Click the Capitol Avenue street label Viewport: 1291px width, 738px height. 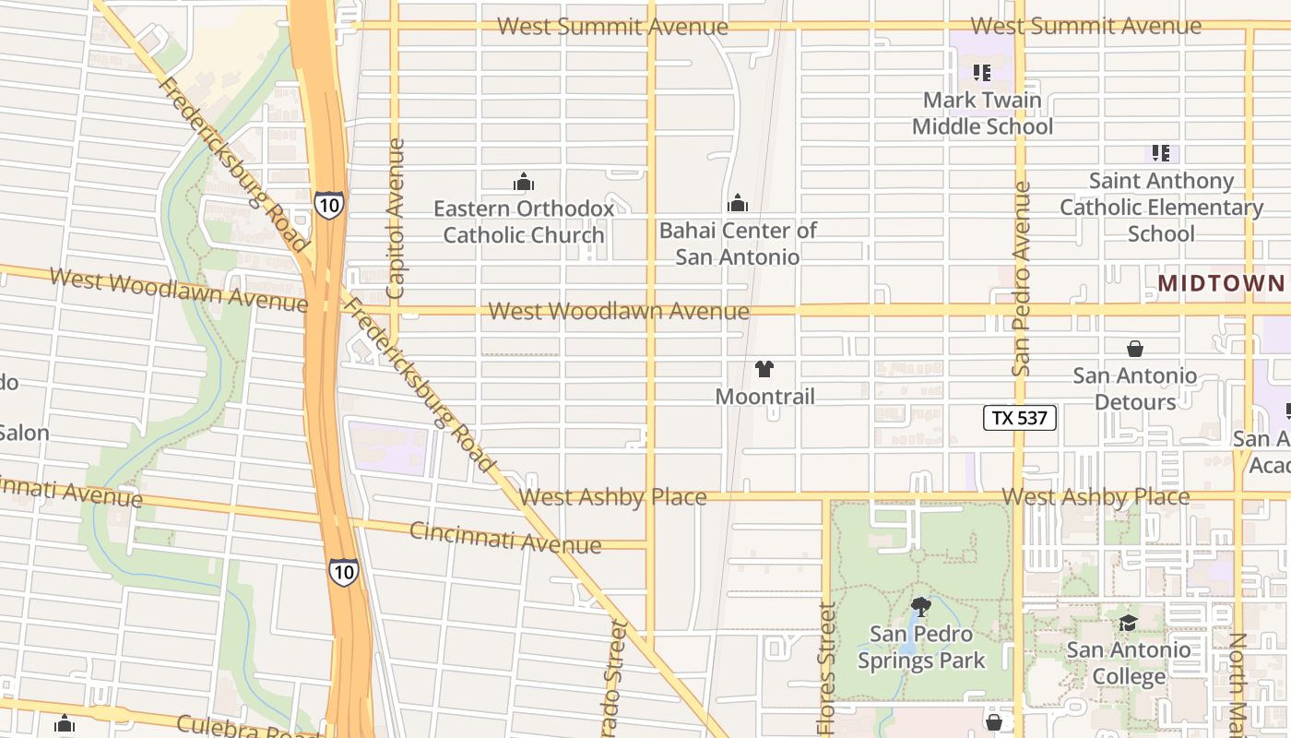pyautogui.click(x=395, y=219)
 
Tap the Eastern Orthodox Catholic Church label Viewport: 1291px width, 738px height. pyautogui.click(x=524, y=221)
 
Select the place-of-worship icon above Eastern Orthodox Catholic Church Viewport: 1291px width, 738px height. pyautogui.click(x=524, y=182)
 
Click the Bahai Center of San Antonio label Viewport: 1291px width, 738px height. pyautogui.click(x=738, y=244)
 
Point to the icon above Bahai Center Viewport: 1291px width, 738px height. pyautogui.click(x=738, y=203)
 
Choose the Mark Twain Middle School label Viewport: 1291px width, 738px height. pyautogui.click(x=982, y=113)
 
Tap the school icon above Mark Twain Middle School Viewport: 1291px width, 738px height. pyautogui.click(x=982, y=72)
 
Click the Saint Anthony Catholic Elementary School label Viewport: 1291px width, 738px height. pyautogui.click(x=1161, y=207)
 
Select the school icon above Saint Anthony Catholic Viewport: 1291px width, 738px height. pyautogui.click(x=1161, y=153)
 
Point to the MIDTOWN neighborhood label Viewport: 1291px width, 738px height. pyautogui.click(x=1221, y=283)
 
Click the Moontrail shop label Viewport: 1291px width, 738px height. pyautogui.click(x=765, y=397)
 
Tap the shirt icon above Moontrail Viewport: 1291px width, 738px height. pyautogui.click(x=764, y=369)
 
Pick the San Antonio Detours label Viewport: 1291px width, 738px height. pyautogui.click(x=1135, y=388)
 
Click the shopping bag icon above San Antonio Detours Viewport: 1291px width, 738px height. pyautogui.click(x=1135, y=349)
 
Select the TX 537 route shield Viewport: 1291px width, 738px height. pyautogui.click(x=1019, y=418)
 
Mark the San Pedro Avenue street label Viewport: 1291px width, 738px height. pyautogui.click(x=1020, y=279)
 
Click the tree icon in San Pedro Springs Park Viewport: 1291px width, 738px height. pyautogui.click(x=920, y=606)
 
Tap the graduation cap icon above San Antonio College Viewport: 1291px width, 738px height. pyautogui.click(x=1128, y=623)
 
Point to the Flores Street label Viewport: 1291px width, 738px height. pyautogui.click(x=826, y=669)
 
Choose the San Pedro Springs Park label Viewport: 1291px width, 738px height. pyautogui.click(x=921, y=648)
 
